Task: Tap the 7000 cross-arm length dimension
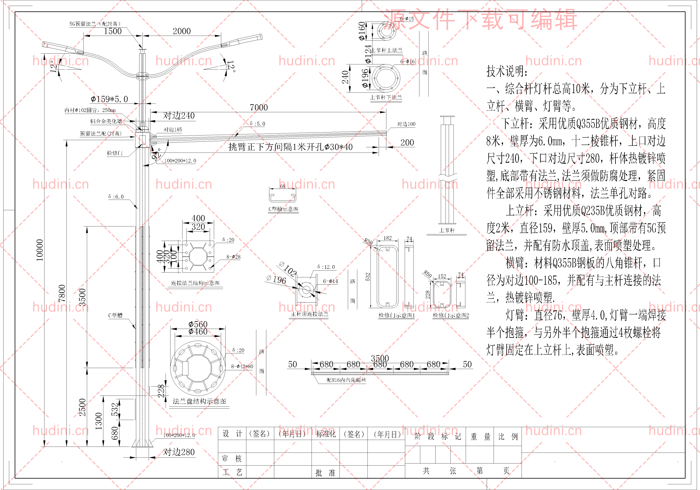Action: point(259,108)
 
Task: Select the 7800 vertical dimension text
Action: point(62,293)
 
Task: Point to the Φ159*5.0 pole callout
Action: point(109,99)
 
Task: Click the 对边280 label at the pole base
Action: point(179,452)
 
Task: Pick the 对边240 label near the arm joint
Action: point(179,116)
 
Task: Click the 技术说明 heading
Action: point(506,71)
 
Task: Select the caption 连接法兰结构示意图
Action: point(195,283)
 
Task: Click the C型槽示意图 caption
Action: point(283,209)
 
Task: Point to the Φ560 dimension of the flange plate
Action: point(198,324)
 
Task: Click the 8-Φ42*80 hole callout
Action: point(242,366)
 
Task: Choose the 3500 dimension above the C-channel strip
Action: point(380,358)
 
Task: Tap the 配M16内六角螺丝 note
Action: point(346,380)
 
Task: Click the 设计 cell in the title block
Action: point(232,434)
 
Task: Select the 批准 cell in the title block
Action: point(325,472)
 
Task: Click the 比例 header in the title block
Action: point(507,437)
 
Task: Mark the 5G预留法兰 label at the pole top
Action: point(95,24)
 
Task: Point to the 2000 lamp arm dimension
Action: point(182,31)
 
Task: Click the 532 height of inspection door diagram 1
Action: point(368,276)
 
